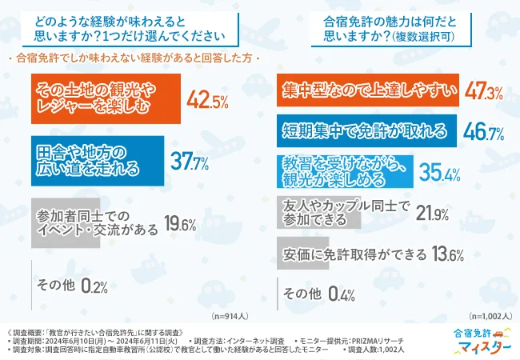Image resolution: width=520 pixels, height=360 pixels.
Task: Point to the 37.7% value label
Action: (190, 162)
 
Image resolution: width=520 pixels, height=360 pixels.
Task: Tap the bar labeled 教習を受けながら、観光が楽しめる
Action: (344, 169)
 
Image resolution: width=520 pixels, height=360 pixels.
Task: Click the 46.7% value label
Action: (480, 132)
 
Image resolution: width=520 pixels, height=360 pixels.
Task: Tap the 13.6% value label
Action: (446, 256)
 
